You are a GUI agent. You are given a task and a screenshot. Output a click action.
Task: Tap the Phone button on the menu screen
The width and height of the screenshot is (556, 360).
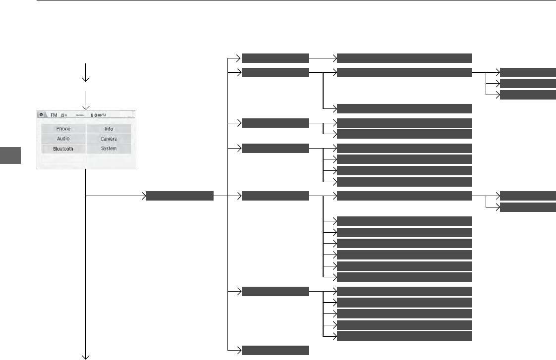coord(63,129)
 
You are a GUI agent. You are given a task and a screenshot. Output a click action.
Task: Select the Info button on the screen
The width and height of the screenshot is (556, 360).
coord(109,129)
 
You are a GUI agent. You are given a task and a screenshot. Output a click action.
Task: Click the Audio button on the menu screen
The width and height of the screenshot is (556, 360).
coord(63,139)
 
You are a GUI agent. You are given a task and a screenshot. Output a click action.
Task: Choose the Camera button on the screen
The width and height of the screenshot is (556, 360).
coord(109,139)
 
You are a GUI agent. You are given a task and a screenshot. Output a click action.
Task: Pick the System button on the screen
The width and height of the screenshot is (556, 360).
coord(109,149)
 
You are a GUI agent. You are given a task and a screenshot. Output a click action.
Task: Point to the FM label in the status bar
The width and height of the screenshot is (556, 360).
coord(54,115)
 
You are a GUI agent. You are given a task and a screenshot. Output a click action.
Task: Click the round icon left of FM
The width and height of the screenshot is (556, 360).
coord(42,115)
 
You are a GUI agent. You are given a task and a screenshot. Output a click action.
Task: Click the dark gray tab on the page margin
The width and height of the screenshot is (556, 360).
coord(10,155)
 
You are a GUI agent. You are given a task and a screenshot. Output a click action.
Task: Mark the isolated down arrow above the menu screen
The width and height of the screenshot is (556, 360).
coord(86,72)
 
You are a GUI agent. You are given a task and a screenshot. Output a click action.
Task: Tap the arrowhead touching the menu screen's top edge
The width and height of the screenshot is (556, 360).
coord(86,107)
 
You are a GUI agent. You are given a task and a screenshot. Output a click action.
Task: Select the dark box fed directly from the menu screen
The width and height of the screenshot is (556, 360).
coord(179,197)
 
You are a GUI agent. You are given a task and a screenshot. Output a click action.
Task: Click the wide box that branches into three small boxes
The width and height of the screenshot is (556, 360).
coord(404,73)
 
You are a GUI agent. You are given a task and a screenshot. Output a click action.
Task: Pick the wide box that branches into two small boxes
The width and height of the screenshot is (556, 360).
coord(404,197)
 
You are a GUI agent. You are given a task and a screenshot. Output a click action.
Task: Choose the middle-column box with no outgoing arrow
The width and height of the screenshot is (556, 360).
coord(275,350)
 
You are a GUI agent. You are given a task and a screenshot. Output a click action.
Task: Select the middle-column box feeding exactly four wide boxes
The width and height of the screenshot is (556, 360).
coord(275,147)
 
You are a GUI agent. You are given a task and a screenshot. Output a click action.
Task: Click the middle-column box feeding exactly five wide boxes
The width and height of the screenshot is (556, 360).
coord(275,291)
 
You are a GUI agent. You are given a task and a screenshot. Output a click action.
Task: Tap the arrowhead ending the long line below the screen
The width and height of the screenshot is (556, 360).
coord(86,356)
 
